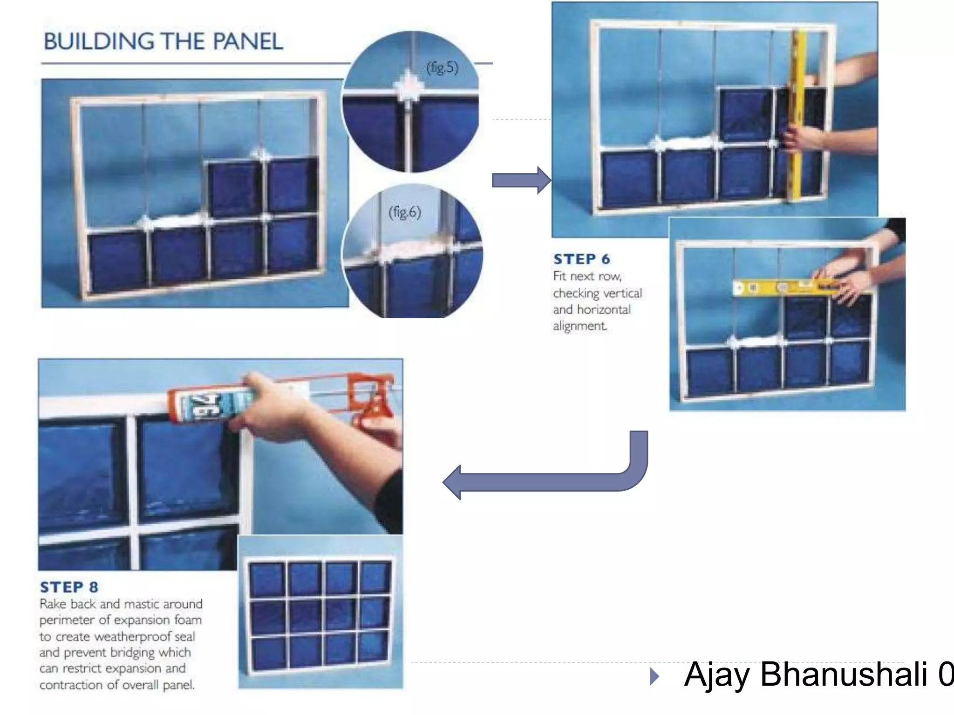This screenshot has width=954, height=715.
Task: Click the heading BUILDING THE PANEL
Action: tap(163, 41)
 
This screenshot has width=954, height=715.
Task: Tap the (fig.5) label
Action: tap(442, 68)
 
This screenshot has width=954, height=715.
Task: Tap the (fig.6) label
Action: tap(404, 212)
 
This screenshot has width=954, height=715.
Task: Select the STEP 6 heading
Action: tap(581, 259)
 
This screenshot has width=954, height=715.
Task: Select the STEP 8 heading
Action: tap(69, 587)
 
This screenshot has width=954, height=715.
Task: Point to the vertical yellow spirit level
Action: tap(797, 116)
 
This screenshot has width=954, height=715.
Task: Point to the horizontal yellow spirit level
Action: tap(787, 288)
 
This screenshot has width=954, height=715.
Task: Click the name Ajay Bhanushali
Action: tap(806, 674)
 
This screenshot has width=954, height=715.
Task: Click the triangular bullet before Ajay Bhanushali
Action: tap(654, 676)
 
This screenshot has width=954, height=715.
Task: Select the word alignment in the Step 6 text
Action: tap(580, 326)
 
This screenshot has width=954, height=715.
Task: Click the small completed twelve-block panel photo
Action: tap(320, 612)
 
